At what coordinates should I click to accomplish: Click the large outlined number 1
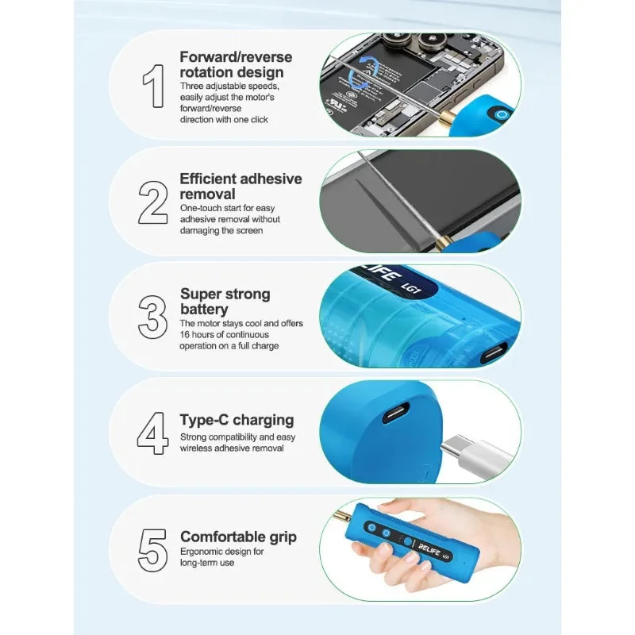pos(154,86)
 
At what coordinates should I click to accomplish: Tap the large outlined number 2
pos(152,202)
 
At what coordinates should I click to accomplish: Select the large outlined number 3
pos(152,317)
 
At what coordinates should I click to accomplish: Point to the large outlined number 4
pos(152,433)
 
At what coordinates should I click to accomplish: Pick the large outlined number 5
pos(152,550)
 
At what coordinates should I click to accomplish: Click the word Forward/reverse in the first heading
pos(236,57)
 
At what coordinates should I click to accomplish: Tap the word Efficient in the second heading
pos(210,179)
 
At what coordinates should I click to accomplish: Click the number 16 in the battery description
pos(185,334)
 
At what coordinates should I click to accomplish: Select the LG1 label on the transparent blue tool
pos(410,287)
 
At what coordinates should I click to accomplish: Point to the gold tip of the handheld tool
pos(342,516)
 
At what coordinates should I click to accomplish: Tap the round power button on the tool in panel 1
pos(502,115)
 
